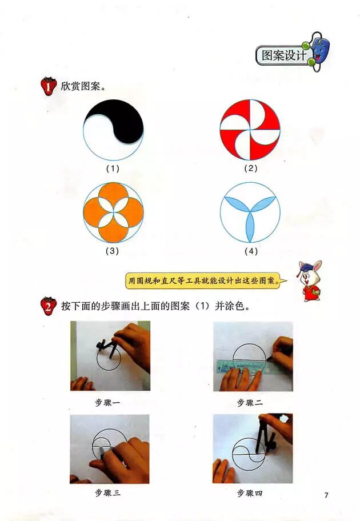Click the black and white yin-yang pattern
coord(113,130)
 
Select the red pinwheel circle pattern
coord(250,130)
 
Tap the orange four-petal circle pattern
coord(113,213)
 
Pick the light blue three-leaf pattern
coord(250,213)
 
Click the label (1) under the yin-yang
coord(113,169)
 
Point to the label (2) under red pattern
coord(251,168)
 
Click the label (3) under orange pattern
coord(113,251)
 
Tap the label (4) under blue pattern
coord(251,251)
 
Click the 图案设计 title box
coord(283,55)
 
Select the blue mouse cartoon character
coord(318,51)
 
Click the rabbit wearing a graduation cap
coord(310,280)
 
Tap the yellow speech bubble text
coord(203,280)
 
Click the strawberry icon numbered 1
coord(49,86)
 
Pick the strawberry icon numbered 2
coord(49,306)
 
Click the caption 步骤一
coord(107,403)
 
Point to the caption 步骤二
coord(250,403)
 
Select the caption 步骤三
coord(107,493)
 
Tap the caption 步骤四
coord(250,493)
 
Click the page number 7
coord(326,495)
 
